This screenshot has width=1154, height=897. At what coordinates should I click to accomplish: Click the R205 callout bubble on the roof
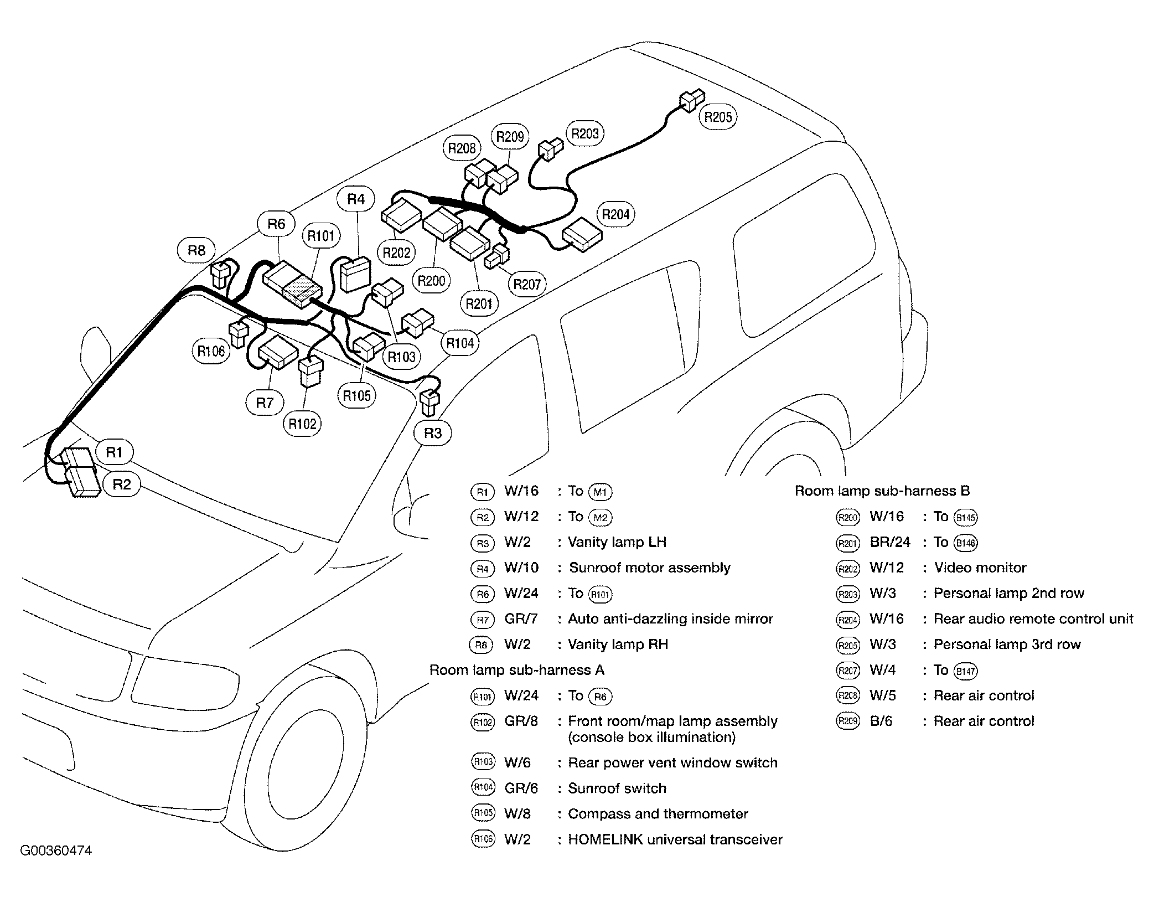[718, 117]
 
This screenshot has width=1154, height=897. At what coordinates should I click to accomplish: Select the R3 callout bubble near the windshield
[432, 432]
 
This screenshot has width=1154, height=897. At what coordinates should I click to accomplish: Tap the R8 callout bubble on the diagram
[196, 251]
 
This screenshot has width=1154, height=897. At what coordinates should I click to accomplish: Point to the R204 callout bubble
[615, 214]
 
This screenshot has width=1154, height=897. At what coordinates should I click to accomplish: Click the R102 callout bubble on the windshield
[302, 424]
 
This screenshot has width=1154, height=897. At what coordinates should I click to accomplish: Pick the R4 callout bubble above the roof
[356, 199]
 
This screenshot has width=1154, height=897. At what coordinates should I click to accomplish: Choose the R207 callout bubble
[526, 284]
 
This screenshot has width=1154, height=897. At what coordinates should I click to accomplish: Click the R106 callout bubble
[211, 350]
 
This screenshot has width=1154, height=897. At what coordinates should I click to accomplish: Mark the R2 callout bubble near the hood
[122, 484]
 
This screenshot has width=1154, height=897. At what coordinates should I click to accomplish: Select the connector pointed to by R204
[582, 235]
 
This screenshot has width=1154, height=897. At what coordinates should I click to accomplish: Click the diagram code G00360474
[56, 850]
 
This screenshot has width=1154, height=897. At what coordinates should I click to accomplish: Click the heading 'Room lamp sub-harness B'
[882, 491]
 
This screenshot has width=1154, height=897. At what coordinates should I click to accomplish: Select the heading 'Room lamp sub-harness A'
[516, 670]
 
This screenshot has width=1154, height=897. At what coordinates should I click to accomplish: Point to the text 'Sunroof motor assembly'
[649, 568]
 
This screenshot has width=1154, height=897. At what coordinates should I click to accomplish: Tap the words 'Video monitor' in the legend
[980, 568]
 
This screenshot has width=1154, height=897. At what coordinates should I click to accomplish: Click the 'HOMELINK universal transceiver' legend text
[675, 839]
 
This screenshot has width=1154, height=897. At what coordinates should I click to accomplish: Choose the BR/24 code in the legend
[889, 542]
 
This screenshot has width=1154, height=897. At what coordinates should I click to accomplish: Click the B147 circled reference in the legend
[965, 671]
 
